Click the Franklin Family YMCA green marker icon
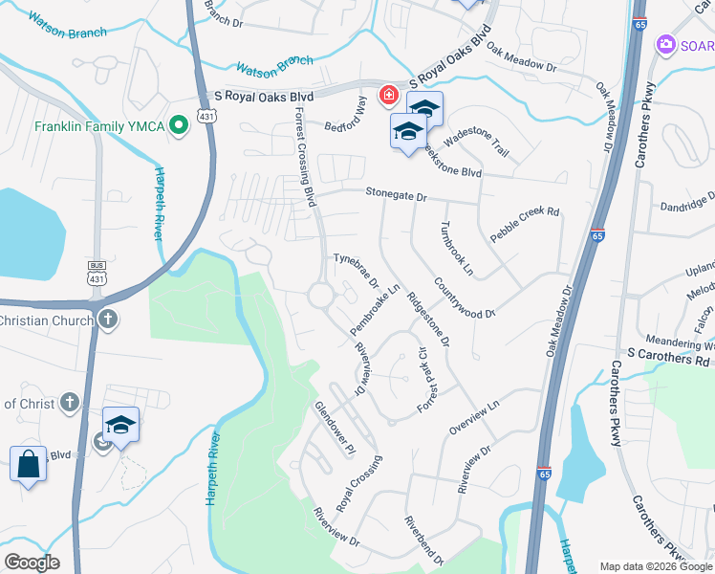tap(177, 125)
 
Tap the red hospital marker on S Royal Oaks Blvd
tap(389, 94)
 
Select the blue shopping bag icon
tap(29, 465)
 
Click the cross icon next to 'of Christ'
tap(69, 403)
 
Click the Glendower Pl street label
tap(336, 428)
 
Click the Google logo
tap(32, 563)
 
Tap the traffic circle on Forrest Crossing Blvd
tap(321, 296)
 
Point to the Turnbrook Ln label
tap(456, 249)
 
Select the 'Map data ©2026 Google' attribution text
tap(654, 566)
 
